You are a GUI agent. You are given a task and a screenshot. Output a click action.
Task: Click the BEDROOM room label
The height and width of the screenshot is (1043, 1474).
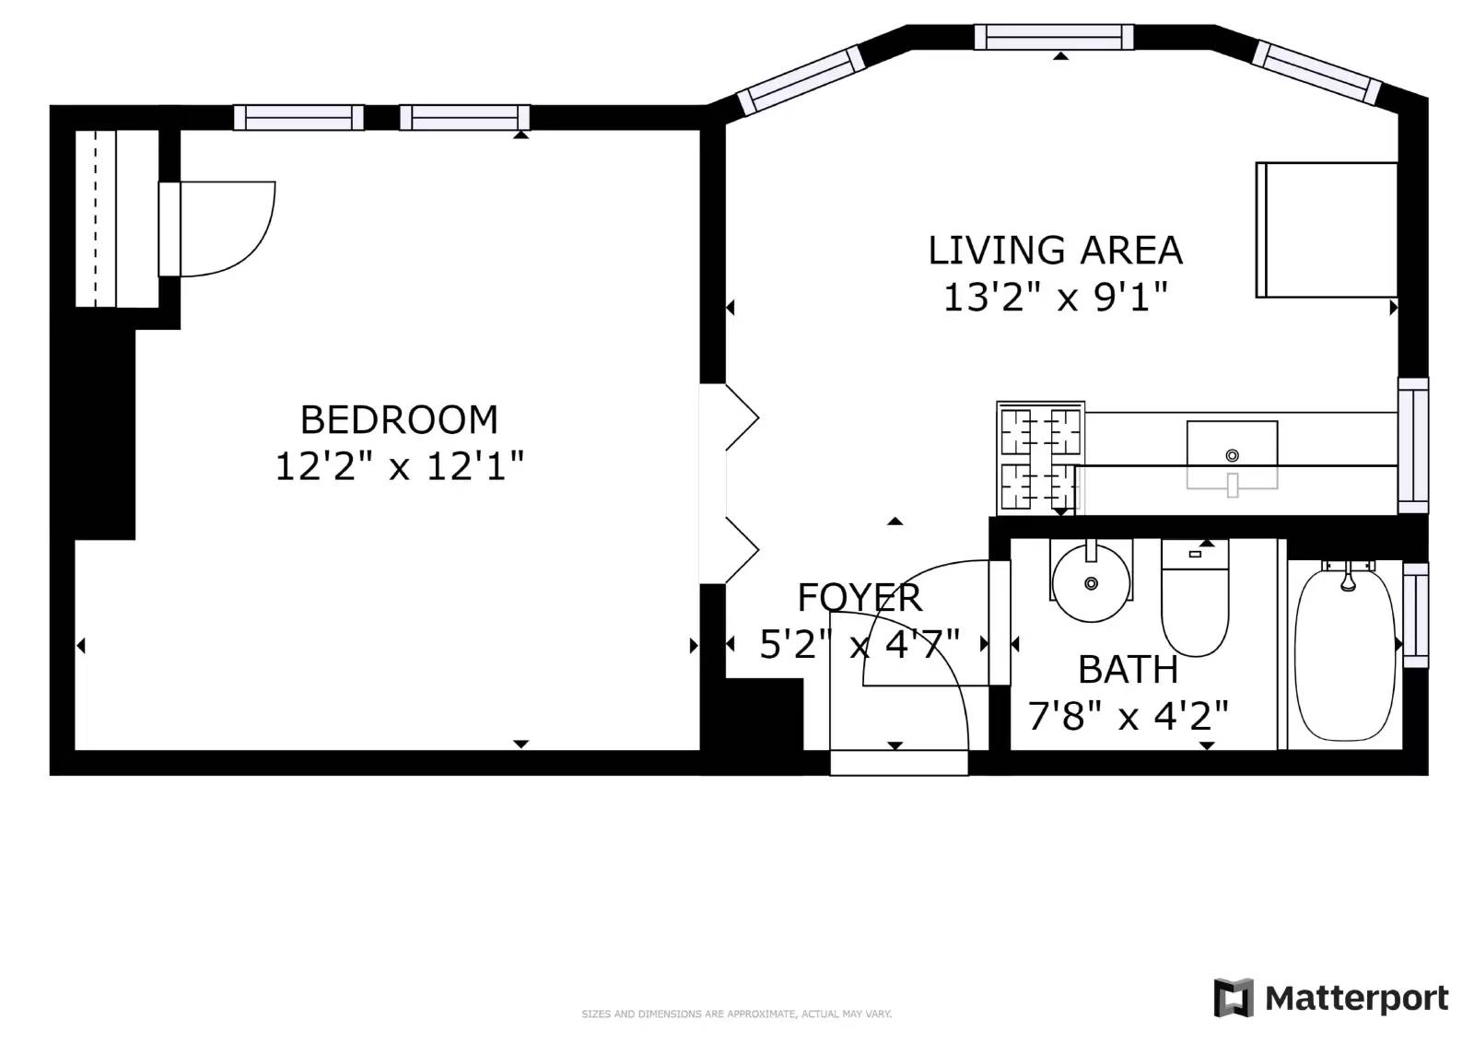click(399, 420)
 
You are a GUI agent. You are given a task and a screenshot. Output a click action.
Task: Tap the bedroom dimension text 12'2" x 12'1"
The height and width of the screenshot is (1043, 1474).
click(399, 466)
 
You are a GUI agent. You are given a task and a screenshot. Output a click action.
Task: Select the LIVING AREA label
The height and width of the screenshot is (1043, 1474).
click(1055, 251)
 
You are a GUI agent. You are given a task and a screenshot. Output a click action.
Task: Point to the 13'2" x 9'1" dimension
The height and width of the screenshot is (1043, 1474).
click(1055, 298)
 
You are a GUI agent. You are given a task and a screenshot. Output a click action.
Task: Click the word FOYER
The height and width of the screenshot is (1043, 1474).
click(859, 598)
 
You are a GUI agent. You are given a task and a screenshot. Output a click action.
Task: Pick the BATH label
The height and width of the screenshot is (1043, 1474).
click(1128, 670)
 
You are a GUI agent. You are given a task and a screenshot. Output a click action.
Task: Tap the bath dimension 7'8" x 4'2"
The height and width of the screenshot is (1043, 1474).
click(1128, 716)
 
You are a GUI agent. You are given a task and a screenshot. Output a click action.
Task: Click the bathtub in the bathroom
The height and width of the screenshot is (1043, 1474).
click(1346, 654)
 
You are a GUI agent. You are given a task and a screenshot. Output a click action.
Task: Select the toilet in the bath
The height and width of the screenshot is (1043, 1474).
click(1195, 604)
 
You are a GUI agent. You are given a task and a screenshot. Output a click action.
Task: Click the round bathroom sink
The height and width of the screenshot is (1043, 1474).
click(1091, 583)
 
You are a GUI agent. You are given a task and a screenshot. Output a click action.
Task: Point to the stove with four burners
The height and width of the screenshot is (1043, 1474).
click(1040, 457)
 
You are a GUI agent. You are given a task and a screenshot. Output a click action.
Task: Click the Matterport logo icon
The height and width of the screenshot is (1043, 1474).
click(1234, 998)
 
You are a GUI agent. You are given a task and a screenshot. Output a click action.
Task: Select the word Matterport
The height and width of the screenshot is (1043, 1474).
click(1356, 998)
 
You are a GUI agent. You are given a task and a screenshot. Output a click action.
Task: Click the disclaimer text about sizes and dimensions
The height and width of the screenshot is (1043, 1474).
click(736, 1014)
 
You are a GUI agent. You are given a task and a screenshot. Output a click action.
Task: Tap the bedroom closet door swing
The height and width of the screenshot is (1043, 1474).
click(226, 229)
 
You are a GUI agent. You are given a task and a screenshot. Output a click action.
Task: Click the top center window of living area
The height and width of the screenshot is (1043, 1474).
click(1054, 37)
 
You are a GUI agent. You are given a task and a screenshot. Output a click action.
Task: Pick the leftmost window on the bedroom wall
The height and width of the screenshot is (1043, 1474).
click(298, 118)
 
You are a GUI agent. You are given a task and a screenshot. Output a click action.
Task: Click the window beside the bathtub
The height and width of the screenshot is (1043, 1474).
click(1415, 615)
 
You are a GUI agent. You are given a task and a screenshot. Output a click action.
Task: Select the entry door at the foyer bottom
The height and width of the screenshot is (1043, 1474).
click(898, 763)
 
